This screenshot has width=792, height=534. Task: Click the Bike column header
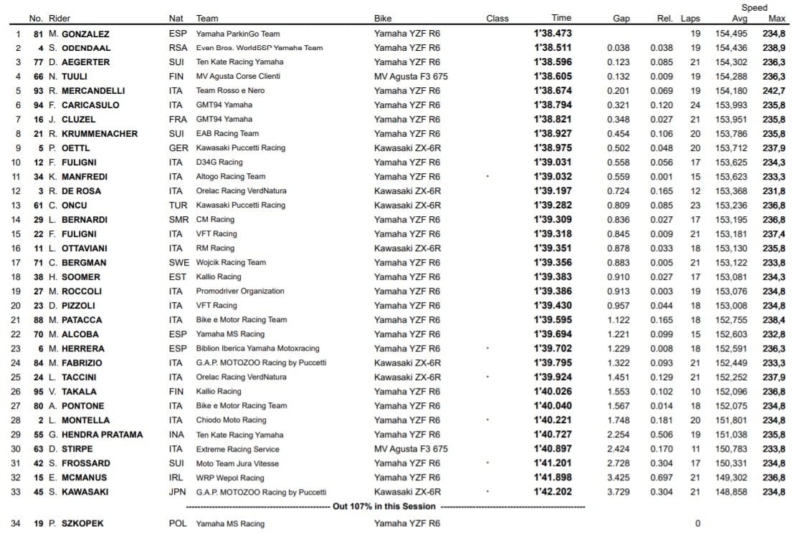click(383, 18)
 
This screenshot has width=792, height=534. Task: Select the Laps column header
click(690, 18)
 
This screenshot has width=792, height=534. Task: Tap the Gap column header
click(621, 18)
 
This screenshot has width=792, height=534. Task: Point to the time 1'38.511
click(553, 48)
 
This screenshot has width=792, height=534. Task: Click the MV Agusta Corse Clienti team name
click(238, 77)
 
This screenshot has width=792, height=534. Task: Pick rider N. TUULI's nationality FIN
click(176, 77)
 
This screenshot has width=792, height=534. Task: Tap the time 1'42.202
click(553, 492)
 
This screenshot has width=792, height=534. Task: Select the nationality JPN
click(177, 492)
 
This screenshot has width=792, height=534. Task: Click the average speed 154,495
click(731, 34)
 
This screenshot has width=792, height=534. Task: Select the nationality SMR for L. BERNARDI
click(178, 220)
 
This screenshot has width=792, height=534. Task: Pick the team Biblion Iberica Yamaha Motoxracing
click(258, 349)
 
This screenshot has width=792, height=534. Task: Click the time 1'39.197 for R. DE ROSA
click(553, 191)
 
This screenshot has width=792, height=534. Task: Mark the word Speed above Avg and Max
click(754, 8)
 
